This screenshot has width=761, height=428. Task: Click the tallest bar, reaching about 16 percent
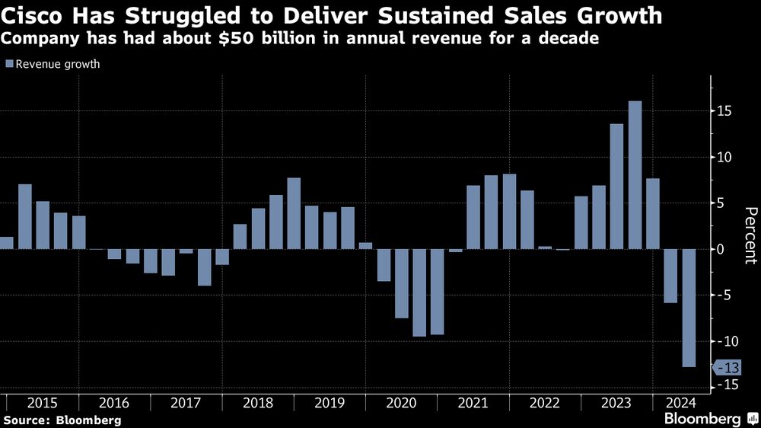pyautogui.click(x=635, y=175)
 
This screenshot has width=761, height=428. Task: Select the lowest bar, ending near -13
pyautogui.click(x=689, y=308)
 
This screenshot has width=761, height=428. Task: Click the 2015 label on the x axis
pyautogui.click(x=42, y=402)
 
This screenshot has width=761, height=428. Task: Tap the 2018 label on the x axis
pyautogui.click(x=258, y=402)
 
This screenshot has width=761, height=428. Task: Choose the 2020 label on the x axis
pyautogui.click(x=402, y=402)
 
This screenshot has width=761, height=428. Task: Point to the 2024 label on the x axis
pyautogui.click(x=680, y=402)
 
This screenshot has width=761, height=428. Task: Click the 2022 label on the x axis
pyautogui.click(x=546, y=402)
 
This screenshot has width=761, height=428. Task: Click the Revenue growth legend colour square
pyautogui.click(x=9, y=65)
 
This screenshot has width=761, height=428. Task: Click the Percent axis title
pyautogui.click(x=750, y=235)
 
